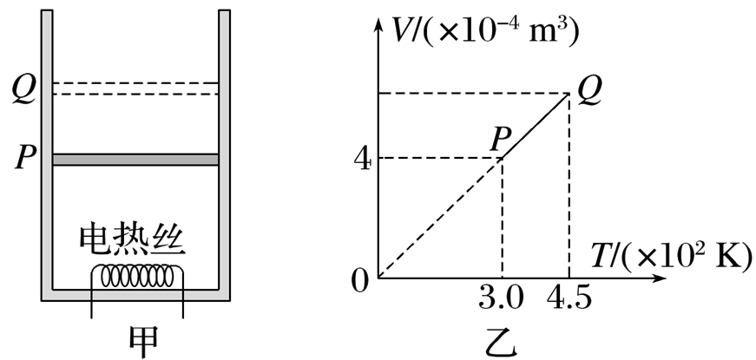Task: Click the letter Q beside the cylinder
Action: pyautogui.click(x=23, y=88)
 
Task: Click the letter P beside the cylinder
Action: pyautogui.click(x=23, y=159)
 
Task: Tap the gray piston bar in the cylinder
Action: pyautogui.click(x=135, y=160)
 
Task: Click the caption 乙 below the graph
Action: pyautogui.click(x=501, y=340)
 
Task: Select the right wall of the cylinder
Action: pyautogui.click(x=224, y=147)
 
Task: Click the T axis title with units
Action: pyautogui.click(x=668, y=255)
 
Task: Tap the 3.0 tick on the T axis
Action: pyautogui.click(x=502, y=299)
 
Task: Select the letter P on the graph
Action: pyautogui.click(x=498, y=137)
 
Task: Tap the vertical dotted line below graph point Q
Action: pyautogui.click(x=569, y=182)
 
